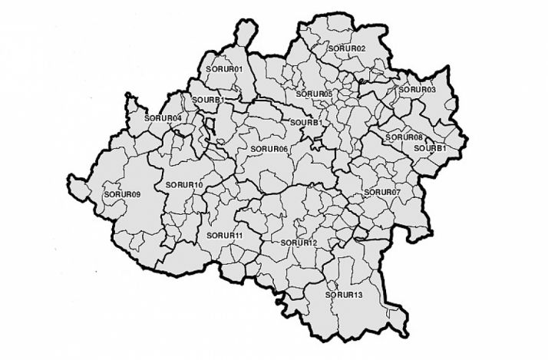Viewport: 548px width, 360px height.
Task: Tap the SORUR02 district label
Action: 347,48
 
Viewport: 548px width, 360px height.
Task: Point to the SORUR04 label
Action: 163,118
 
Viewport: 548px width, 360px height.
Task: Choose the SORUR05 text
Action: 314,94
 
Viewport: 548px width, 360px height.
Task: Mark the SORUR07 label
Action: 382,191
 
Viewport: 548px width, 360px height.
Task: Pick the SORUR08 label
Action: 404,137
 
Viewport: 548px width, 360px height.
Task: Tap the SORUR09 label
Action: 122,195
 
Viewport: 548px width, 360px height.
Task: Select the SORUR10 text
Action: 184,185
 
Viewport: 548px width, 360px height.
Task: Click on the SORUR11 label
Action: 225,235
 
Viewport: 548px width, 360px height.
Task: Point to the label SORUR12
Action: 299,243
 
